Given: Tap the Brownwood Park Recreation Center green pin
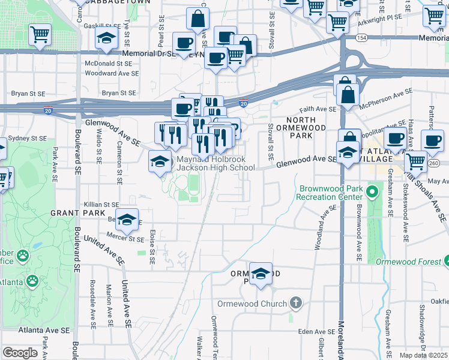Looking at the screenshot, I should click(372, 193).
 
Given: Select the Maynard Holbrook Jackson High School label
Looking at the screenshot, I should click(215, 164).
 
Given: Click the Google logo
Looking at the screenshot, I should click(19, 352).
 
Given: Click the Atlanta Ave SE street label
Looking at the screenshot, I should click(44, 330).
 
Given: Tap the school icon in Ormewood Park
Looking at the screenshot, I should click(261, 274).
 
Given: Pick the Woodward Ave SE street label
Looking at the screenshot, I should click(111, 73).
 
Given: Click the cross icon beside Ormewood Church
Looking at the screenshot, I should click(295, 303).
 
